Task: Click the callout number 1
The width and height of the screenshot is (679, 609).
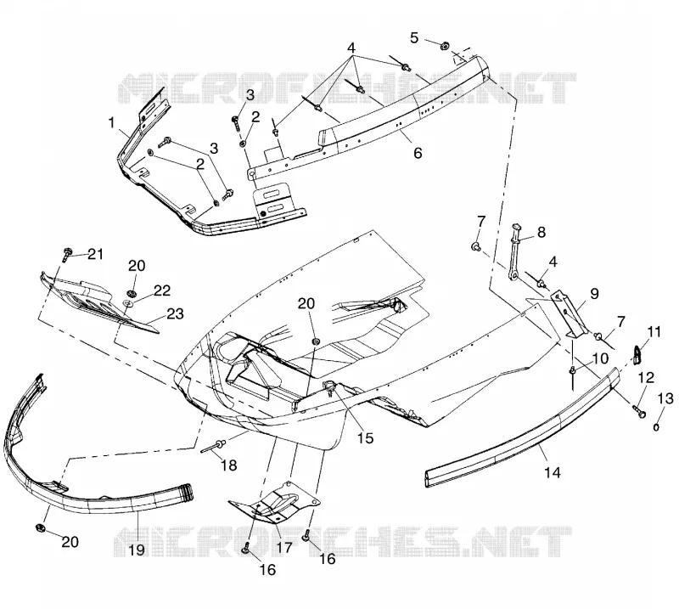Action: coord(112,123)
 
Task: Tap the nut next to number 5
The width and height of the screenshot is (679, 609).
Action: coord(444,45)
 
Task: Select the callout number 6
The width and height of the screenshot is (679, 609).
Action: coord(418,153)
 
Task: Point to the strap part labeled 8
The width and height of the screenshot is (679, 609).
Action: coord(514,253)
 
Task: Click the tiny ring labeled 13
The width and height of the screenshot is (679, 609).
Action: coord(656,428)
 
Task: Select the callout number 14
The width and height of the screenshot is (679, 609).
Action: coord(553,472)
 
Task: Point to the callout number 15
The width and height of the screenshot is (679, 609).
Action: coord(365,437)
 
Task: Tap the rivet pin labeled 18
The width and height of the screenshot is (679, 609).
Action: coord(215,446)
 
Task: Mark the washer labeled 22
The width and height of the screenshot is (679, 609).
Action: coord(129,302)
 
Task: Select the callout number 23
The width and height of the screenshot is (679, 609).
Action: coord(176,313)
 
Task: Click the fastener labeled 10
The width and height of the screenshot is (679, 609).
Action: coord(572,374)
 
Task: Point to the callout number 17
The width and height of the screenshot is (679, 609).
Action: coord(284,547)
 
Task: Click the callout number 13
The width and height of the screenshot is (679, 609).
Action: coord(665,398)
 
